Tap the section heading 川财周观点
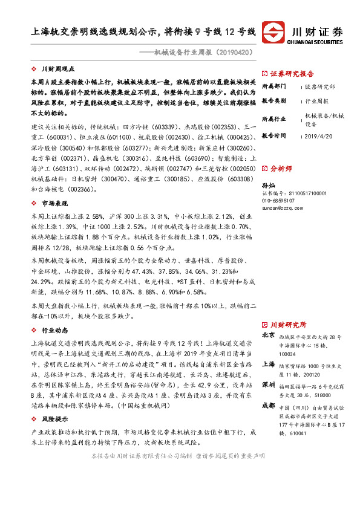(x=57, y=70)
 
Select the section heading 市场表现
(x=53, y=204)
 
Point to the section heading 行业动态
(x=53, y=331)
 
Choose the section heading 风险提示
(x=53, y=418)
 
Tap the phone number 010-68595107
(x=279, y=200)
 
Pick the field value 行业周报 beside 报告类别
(x=317, y=101)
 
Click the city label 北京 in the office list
(x=268, y=335)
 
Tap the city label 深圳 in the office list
(x=268, y=384)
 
